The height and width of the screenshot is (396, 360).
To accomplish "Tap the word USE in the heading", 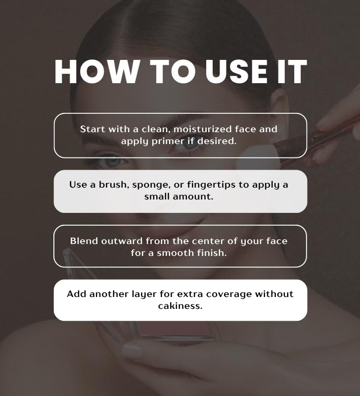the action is (236, 72).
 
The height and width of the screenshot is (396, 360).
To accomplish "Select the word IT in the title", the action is (292, 72).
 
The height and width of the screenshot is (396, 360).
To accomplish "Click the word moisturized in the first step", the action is (203, 129).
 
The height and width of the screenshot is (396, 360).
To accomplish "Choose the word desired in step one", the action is (217, 141).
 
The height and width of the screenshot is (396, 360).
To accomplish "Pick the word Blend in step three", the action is (84, 241).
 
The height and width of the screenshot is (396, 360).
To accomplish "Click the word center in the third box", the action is (206, 241).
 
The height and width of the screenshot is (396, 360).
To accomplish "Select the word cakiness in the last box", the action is (180, 306).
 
